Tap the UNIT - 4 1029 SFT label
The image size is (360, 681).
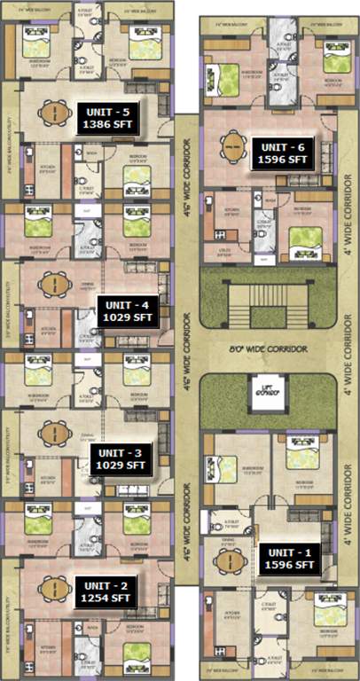pos(128,312)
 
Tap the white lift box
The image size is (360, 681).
pos(265,391)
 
